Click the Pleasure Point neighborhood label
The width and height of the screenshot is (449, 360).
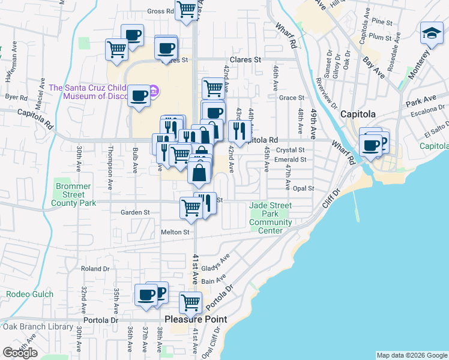196,319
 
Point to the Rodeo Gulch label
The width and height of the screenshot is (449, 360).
30,294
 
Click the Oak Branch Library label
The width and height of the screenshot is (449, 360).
38,327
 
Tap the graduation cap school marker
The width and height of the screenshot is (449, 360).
432,34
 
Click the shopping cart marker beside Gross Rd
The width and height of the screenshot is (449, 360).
187,10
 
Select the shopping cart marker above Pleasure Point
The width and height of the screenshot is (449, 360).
190,302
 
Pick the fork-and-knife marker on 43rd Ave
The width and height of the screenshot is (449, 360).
240,130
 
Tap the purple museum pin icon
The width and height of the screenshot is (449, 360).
154,92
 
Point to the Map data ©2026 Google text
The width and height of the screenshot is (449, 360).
412,355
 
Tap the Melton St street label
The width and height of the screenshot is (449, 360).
175,232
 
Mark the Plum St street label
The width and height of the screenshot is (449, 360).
380,36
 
